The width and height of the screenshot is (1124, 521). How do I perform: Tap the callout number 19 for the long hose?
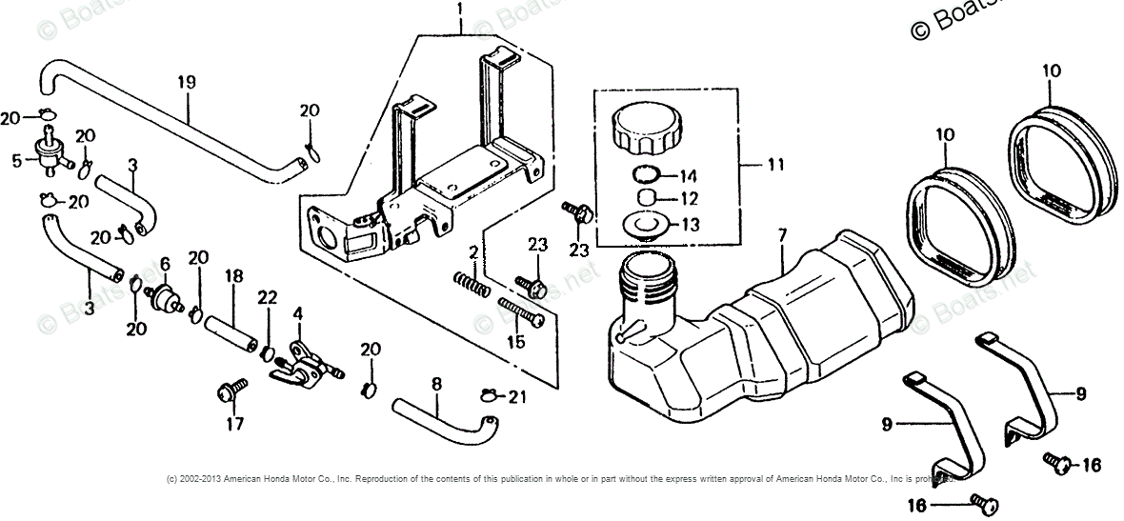coord(186,83)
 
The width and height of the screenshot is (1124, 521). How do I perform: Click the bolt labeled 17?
coord(231,390)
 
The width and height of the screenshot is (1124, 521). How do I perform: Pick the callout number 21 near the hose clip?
coord(517,396)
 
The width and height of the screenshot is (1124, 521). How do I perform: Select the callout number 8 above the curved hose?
coord(436,385)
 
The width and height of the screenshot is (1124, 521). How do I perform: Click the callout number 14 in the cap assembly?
coord(689,176)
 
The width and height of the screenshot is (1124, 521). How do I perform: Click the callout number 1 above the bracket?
coord(460,10)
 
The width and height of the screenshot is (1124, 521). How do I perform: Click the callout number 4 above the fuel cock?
coord(298,313)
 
